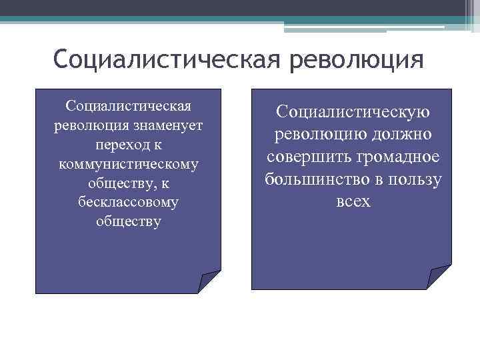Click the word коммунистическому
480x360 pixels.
click(x=129, y=163)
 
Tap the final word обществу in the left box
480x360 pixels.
click(x=129, y=221)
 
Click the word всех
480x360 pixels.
click(x=353, y=201)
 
